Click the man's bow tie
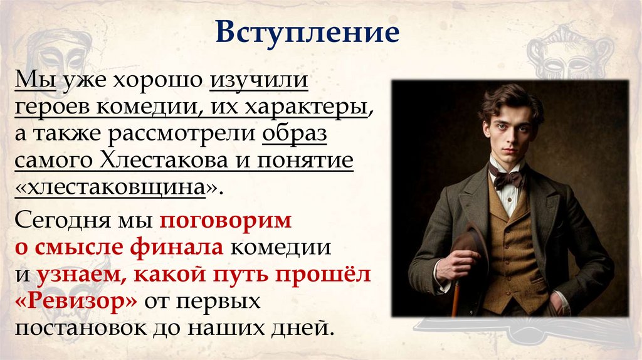coord(506,177)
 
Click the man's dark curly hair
coord(508,100)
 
